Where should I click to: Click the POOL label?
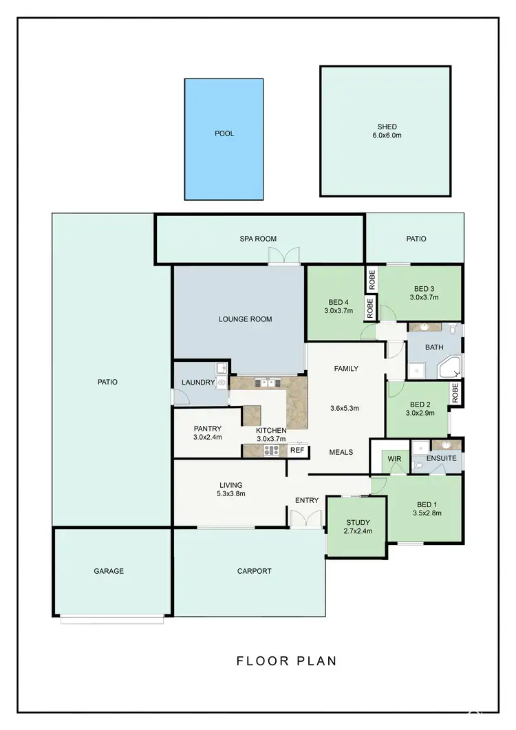[x=224, y=133]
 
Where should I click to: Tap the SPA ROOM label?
[x=258, y=239]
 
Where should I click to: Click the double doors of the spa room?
[x=284, y=256]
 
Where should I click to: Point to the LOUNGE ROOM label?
[x=245, y=319]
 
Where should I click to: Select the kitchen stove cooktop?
[x=271, y=451]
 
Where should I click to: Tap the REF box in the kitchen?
[x=297, y=451]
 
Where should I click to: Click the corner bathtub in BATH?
[x=452, y=367]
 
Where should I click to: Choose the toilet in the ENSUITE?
[x=419, y=466]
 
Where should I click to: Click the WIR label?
[x=394, y=458]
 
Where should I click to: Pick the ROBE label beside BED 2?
[x=455, y=393]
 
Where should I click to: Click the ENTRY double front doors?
[x=306, y=519]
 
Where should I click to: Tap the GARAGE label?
[x=109, y=571]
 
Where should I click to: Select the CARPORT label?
[x=254, y=571]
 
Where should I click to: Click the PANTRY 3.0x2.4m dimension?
[x=207, y=438]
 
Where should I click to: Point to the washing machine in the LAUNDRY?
[x=222, y=383]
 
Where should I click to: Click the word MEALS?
[x=341, y=452]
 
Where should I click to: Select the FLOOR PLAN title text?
[x=286, y=661]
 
